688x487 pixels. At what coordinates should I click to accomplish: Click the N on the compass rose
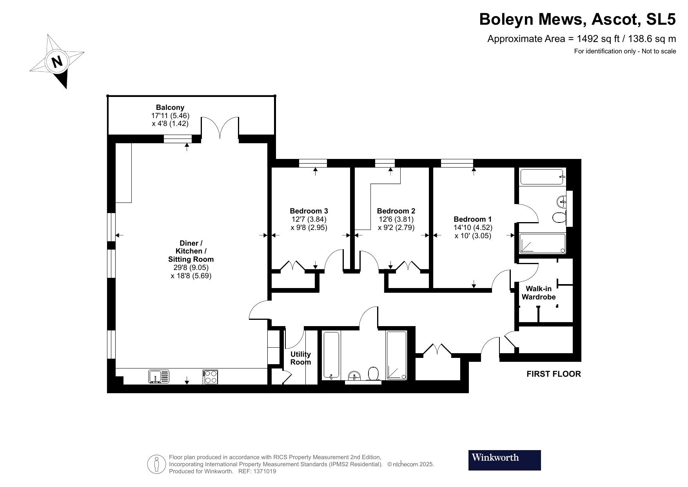coord(57,61)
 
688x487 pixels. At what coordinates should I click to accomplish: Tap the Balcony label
coord(170,107)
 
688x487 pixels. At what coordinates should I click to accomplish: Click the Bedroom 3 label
coord(309,211)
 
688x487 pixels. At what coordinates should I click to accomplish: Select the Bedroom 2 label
coord(396,211)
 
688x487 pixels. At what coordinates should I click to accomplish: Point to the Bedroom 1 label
coord(472,219)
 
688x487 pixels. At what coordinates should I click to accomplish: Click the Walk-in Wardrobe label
coord(538,293)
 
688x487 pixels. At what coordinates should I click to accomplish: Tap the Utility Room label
coord(300,358)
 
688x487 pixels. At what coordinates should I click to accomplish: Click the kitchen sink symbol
coord(159,376)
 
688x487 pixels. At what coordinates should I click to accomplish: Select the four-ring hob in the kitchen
coord(211,377)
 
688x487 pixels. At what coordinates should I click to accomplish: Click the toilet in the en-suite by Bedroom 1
coord(558,217)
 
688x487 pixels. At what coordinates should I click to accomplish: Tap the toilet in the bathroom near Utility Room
coord(373,374)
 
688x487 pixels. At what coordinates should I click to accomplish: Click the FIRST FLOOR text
coord(553,374)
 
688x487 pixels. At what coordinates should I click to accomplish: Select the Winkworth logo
coord(504,460)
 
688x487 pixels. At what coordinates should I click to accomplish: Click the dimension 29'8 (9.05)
coord(191,268)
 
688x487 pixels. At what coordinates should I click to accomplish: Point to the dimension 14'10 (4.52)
coord(473,228)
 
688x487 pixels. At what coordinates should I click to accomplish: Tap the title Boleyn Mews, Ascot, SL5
coord(577,19)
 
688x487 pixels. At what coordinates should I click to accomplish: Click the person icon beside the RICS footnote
coord(157,464)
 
